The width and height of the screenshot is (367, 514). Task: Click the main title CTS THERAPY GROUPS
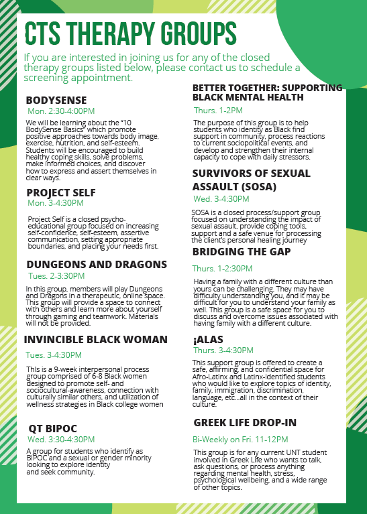130,33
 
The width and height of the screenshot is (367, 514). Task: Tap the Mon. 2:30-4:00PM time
61,111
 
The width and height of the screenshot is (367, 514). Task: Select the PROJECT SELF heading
61,192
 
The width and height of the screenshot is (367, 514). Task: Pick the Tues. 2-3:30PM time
56,275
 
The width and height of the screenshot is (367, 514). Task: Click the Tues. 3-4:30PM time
54,355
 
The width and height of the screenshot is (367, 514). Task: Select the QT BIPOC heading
53,428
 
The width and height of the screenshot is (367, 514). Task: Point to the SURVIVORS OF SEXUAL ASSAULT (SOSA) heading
252,180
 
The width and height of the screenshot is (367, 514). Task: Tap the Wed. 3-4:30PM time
221,199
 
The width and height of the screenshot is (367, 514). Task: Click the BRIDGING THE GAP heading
242,251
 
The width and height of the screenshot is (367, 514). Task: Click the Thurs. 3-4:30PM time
223,350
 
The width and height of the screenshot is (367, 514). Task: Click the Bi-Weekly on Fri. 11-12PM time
240,440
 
